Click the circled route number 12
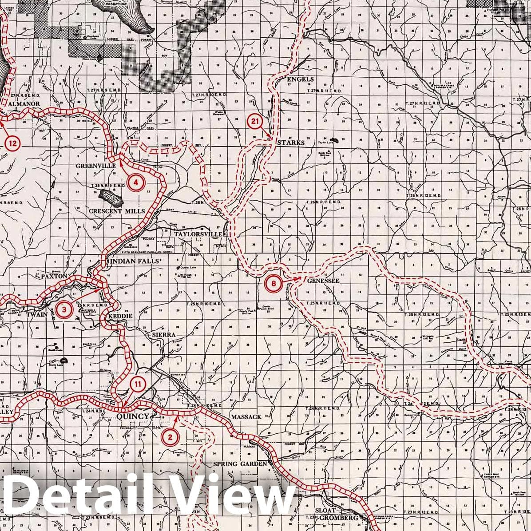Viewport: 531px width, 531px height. [x=13, y=143]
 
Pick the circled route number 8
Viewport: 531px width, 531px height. [x=274, y=283]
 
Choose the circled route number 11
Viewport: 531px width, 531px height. [x=138, y=384]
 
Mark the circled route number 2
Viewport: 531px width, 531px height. [x=170, y=436]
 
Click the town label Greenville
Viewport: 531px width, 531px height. [x=96, y=166]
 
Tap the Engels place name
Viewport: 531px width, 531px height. [x=301, y=79]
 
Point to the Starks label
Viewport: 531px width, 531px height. [x=291, y=143]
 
